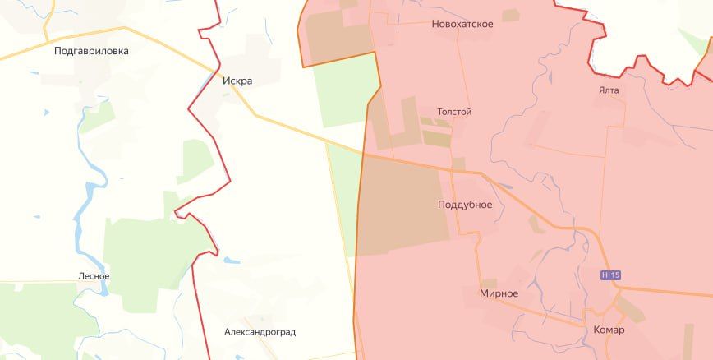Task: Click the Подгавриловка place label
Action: point(91,51)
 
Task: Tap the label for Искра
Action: point(237,81)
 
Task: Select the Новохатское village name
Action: point(462,24)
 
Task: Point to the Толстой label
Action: point(454,112)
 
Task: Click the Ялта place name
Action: point(609,90)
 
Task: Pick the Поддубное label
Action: point(465,205)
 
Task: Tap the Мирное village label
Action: point(499,293)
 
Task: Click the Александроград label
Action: point(260,332)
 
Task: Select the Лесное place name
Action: point(93,276)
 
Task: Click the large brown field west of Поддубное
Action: point(402,205)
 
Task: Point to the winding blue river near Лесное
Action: point(82,214)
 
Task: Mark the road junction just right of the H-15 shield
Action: point(621,288)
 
